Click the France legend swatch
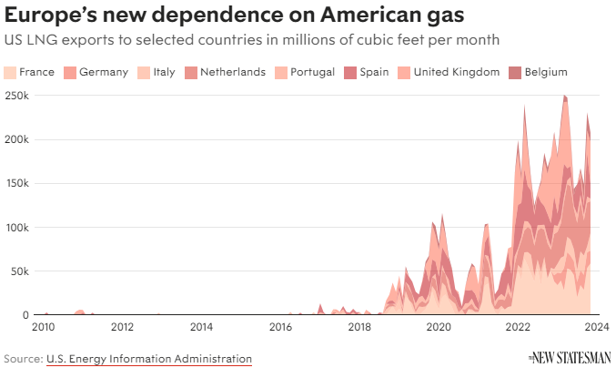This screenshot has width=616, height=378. point(11,72)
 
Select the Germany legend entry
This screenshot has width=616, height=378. point(103,72)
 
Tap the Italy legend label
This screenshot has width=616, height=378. point(164,72)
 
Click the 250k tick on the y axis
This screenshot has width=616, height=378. point(16,96)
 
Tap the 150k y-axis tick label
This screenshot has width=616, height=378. point(16,183)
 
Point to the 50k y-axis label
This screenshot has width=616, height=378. point(19,271)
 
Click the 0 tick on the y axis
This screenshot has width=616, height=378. point(27,315)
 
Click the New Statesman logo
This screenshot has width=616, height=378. point(570,358)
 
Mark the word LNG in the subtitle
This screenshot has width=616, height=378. point(39,41)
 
